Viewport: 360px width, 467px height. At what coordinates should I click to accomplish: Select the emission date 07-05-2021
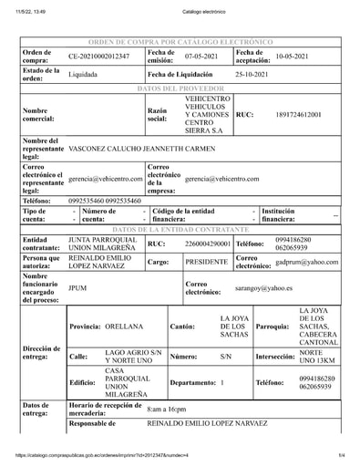(x=202, y=57)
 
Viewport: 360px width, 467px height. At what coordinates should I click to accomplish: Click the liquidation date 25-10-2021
(x=252, y=74)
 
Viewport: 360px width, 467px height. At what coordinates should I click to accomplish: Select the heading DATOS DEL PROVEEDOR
(x=180, y=88)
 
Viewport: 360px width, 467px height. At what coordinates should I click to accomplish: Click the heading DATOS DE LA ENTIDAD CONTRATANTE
(x=180, y=230)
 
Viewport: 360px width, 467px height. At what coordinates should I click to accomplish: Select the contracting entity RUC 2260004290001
(x=208, y=244)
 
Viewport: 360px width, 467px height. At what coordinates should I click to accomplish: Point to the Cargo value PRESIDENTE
(x=206, y=262)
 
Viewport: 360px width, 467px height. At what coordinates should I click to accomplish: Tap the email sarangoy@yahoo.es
(x=263, y=287)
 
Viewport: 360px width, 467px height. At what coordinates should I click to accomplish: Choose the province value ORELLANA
(x=125, y=326)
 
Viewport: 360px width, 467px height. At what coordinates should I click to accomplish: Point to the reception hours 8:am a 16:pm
(x=166, y=410)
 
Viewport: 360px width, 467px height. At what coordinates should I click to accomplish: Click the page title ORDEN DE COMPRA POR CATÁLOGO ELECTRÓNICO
(x=180, y=42)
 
